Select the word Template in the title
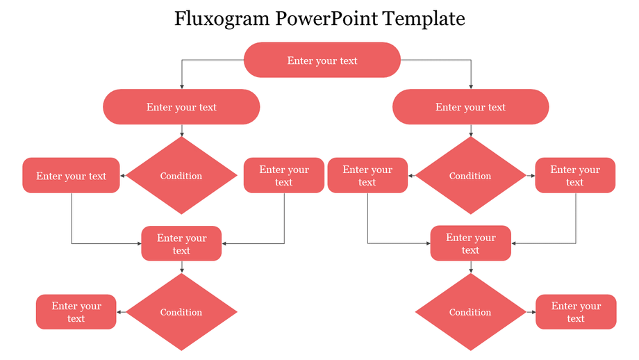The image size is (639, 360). click(430, 19)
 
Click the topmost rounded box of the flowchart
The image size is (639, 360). click(322, 60)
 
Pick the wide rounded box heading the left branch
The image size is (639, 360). click(181, 107)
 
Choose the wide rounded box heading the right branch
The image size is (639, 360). click(471, 107)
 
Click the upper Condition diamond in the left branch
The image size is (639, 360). click(181, 176)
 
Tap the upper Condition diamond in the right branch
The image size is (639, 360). click(471, 176)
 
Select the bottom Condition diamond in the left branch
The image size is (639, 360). click(181, 312)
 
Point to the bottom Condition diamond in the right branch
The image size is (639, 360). click(471, 312)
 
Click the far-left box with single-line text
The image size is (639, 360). click(71, 176)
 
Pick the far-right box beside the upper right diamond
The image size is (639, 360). click(575, 176)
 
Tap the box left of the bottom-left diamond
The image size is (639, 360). click(76, 312)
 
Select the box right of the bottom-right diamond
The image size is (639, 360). click(576, 312)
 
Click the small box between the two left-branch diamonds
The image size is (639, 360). click(181, 244)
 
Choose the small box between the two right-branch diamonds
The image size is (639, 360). click(471, 244)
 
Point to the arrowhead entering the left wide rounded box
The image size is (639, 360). click(182, 87)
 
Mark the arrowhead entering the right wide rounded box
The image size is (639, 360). click(471, 87)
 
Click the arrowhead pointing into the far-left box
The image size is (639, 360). click(123, 176)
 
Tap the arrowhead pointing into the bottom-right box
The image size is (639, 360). click(533, 312)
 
